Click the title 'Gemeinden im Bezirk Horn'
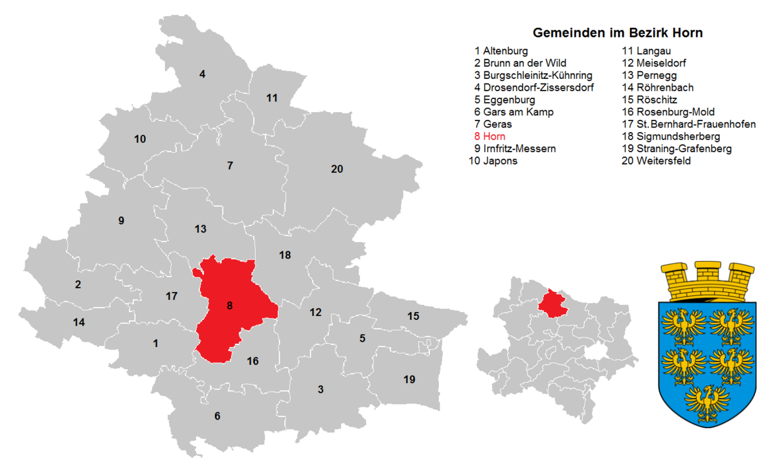tap(617, 32)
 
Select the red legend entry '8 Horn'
tap(490, 137)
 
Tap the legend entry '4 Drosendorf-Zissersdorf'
tap(534, 87)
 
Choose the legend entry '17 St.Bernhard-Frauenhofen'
tap(688, 124)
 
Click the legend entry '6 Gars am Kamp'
tap(513, 112)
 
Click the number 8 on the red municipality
tap(229, 306)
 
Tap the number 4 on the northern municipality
tap(202, 74)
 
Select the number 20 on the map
tap(337, 169)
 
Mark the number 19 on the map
tap(409, 379)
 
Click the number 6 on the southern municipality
tap(218, 416)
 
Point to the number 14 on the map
tap(79, 322)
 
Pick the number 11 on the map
tap(272, 98)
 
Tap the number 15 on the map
tap(413, 316)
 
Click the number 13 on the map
tap(201, 229)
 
